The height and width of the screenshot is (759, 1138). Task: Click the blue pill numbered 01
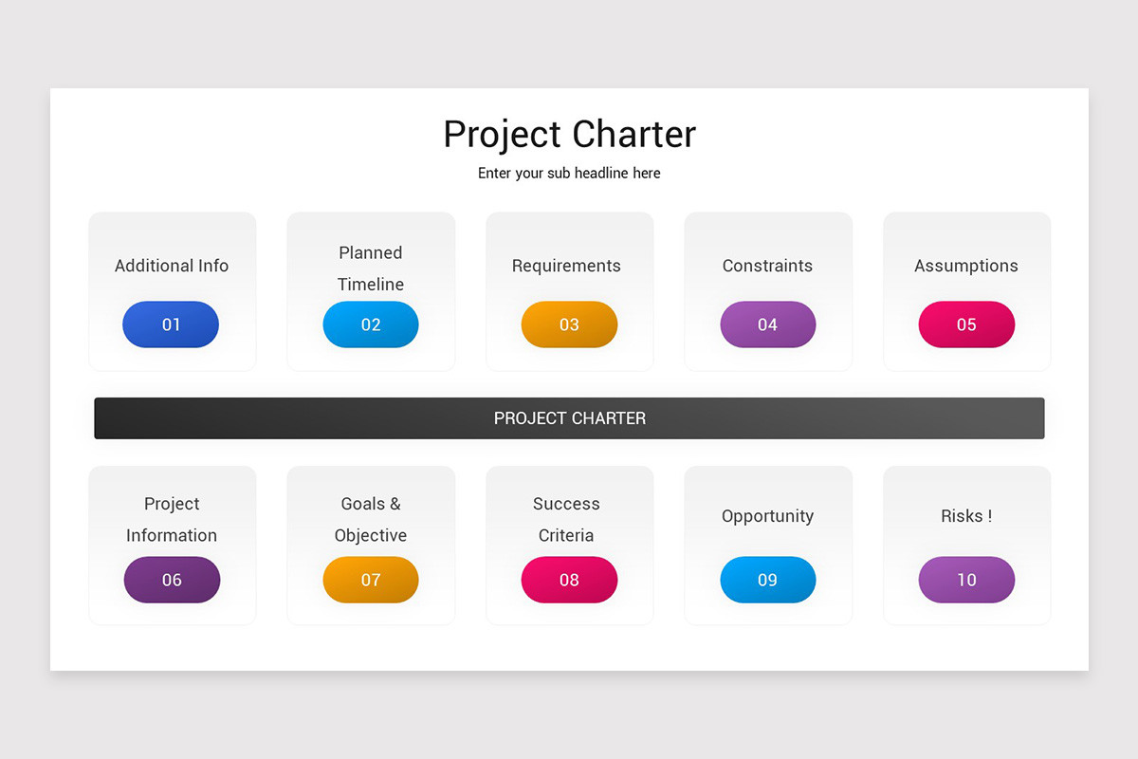click(171, 324)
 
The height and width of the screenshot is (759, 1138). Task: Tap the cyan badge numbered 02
click(371, 324)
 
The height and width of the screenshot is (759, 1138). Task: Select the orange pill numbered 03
click(569, 324)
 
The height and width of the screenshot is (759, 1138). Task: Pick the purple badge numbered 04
click(767, 324)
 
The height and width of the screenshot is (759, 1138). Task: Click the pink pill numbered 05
click(966, 324)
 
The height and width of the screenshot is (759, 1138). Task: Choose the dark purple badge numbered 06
click(172, 580)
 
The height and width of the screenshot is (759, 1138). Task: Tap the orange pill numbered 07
click(371, 580)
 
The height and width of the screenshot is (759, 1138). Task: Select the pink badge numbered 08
click(569, 580)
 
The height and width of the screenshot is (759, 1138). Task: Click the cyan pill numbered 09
click(767, 580)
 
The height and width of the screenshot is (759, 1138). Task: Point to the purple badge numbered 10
click(966, 580)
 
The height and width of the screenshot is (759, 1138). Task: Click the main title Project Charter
click(569, 135)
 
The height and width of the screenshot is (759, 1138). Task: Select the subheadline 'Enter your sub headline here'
click(569, 174)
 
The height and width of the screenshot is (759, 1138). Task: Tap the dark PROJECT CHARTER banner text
click(569, 418)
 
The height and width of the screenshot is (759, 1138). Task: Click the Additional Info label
click(172, 266)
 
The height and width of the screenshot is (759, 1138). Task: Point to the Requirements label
click(566, 266)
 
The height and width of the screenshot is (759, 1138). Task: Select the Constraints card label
click(767, 266)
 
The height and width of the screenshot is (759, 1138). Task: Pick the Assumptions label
click(965, 266)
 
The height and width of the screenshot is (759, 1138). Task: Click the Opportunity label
click(767, 516)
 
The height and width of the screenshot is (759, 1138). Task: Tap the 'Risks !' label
click(965, 516)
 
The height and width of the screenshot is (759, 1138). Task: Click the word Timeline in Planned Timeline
click(371, 285)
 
